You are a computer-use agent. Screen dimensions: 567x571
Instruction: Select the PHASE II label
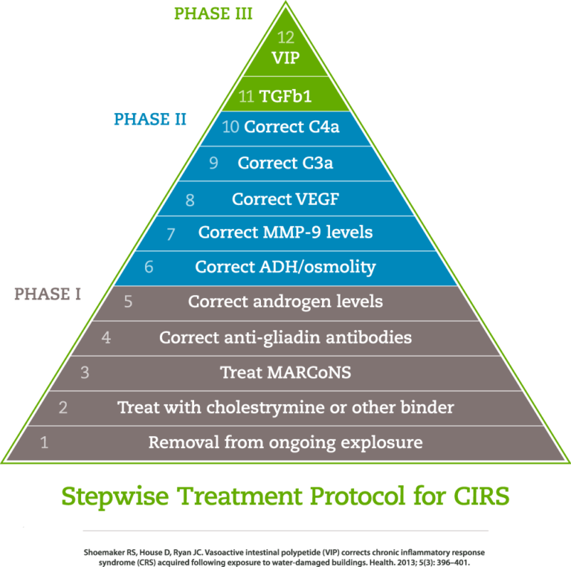[149, 119]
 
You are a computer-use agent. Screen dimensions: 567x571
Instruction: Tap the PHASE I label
[48, 294]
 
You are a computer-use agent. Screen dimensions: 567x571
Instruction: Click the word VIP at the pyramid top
[285, 58]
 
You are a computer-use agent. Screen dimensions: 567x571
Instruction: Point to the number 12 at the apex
[285, 37]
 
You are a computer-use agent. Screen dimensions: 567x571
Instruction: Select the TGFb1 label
[285, 96]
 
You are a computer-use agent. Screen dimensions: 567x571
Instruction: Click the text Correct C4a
[291, 127]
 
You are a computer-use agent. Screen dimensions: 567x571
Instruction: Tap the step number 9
[213, 163]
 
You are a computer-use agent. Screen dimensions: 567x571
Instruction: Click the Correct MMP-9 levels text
[285, 233]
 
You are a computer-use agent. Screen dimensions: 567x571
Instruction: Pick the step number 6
[149, 267]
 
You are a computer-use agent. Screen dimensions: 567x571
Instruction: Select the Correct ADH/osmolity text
[285, 267]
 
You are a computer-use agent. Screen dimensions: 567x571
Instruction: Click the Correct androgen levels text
[285, 302]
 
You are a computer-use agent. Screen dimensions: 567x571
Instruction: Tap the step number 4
[106, 337]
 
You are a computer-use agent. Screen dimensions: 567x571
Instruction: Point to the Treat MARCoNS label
[285, 372]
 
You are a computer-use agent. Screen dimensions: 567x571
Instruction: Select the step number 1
[44, 443]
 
